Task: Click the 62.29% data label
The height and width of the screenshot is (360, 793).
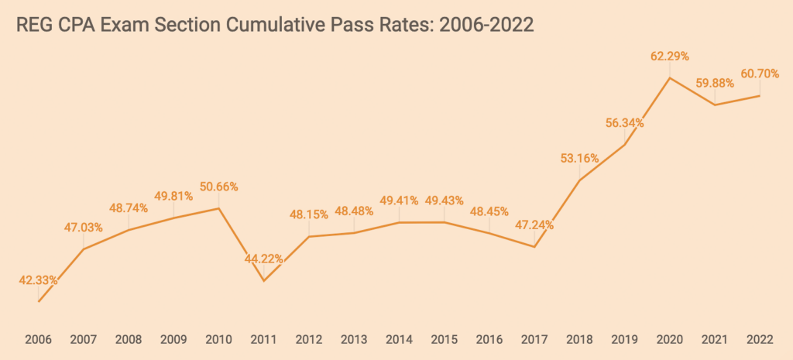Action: [670, 57]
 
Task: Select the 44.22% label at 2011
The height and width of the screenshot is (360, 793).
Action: [264, 259]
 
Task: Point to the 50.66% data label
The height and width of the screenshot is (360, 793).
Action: [218, 187]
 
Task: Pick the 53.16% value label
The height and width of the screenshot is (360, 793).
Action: [579, 159]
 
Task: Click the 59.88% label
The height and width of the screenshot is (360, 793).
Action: [715, 83]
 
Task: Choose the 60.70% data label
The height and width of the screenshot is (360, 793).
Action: [760, 74]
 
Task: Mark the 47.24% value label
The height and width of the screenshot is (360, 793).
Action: [534, 226]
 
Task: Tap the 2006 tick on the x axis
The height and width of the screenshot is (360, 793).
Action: [39, 340]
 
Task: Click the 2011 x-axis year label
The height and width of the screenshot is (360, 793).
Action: [264, 340]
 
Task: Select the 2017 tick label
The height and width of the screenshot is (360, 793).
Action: [534, 340]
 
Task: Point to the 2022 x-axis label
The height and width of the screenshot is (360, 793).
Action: [760, 340]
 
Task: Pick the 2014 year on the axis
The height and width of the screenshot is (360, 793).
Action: [399, 340]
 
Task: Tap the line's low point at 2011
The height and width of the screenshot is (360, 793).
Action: [264, 281]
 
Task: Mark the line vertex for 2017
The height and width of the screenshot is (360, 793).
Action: [534, 247]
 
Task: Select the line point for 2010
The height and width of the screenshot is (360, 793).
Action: [219, 207]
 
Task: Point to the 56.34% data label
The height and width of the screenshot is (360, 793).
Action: [624, 122]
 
